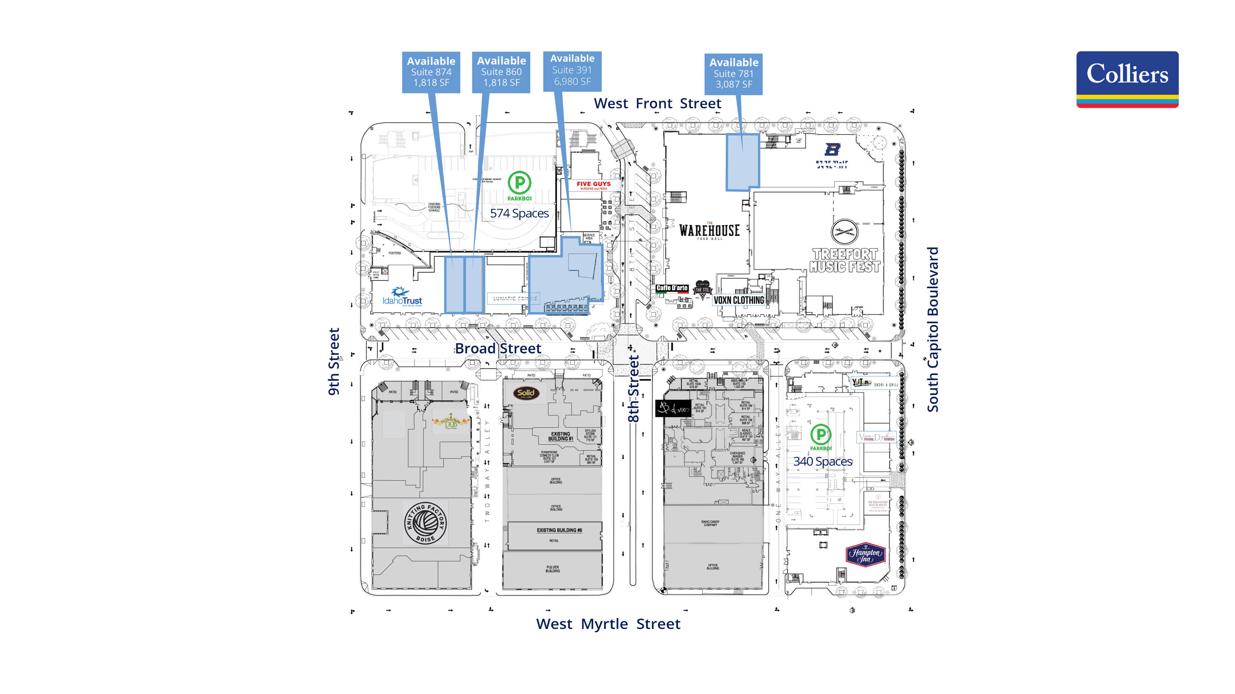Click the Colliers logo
click(x=1127, y=79)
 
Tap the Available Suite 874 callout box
click(x=431, y=72)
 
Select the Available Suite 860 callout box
click(x=501, y=72)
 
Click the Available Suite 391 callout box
click(x=572, y=70)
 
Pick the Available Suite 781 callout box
click(x=733, y=74)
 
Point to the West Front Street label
click(x=657, y=104)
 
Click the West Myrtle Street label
click(x=608, y=624)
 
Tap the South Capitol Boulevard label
click(x=932, y=329)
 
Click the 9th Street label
click(x=334, y=361)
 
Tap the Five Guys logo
click(x=594, y=185)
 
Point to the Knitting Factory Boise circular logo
click(x=425, y=523)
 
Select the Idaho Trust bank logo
click(x=402, y=297)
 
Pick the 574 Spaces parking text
click(x=519, y=213)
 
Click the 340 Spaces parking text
click(x=823, y=461)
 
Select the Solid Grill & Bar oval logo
click(x=526, y=393)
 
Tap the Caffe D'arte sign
click(x=672, y=288)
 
